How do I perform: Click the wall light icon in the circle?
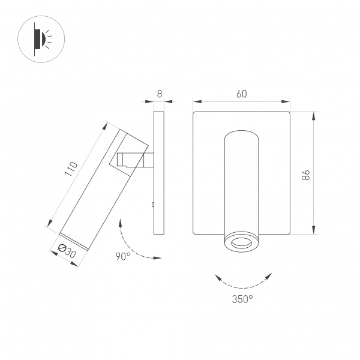click(41, 40)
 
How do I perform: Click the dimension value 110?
click(71, 170)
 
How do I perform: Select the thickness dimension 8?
click(159, 94)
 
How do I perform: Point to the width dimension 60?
click(241, 94)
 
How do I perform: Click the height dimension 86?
click(306, 175)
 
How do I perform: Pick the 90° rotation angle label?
click(123, 256)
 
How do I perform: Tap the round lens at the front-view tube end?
click(242, 242)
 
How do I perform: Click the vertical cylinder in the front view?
click(242, 180)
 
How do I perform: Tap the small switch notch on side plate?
click(154, 205)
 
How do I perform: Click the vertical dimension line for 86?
click(314, 173)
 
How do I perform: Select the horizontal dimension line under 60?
click(241, 101)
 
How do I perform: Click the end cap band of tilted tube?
click(75, 240)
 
